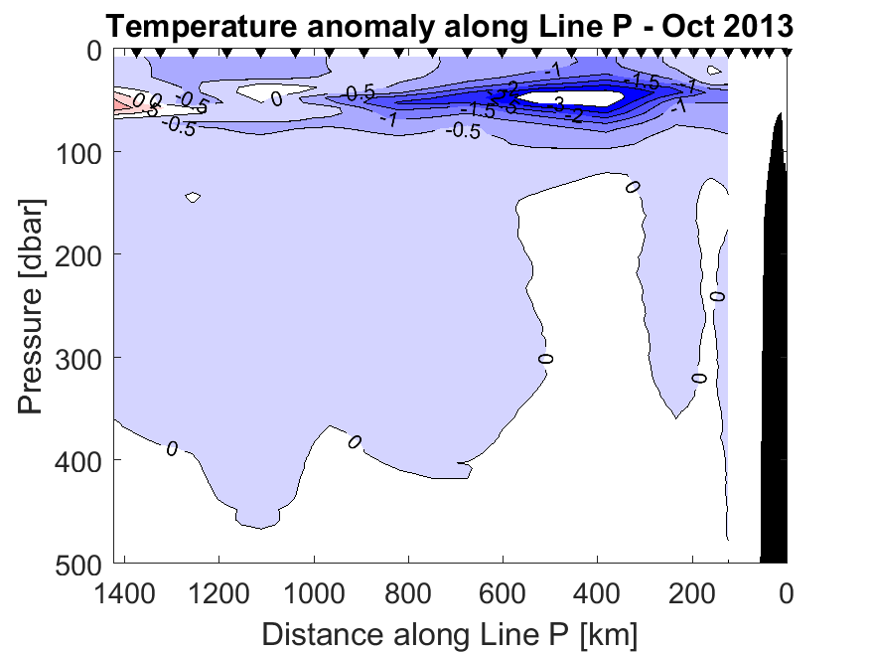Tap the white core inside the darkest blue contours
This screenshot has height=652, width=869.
tap(571, 97)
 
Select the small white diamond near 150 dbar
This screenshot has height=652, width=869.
tap(193, 197)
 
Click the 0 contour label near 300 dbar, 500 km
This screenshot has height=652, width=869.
tap(545, 358)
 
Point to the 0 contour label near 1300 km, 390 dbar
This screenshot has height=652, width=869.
tap(172, 449)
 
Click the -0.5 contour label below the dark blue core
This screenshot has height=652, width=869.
tap(464, 130)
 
